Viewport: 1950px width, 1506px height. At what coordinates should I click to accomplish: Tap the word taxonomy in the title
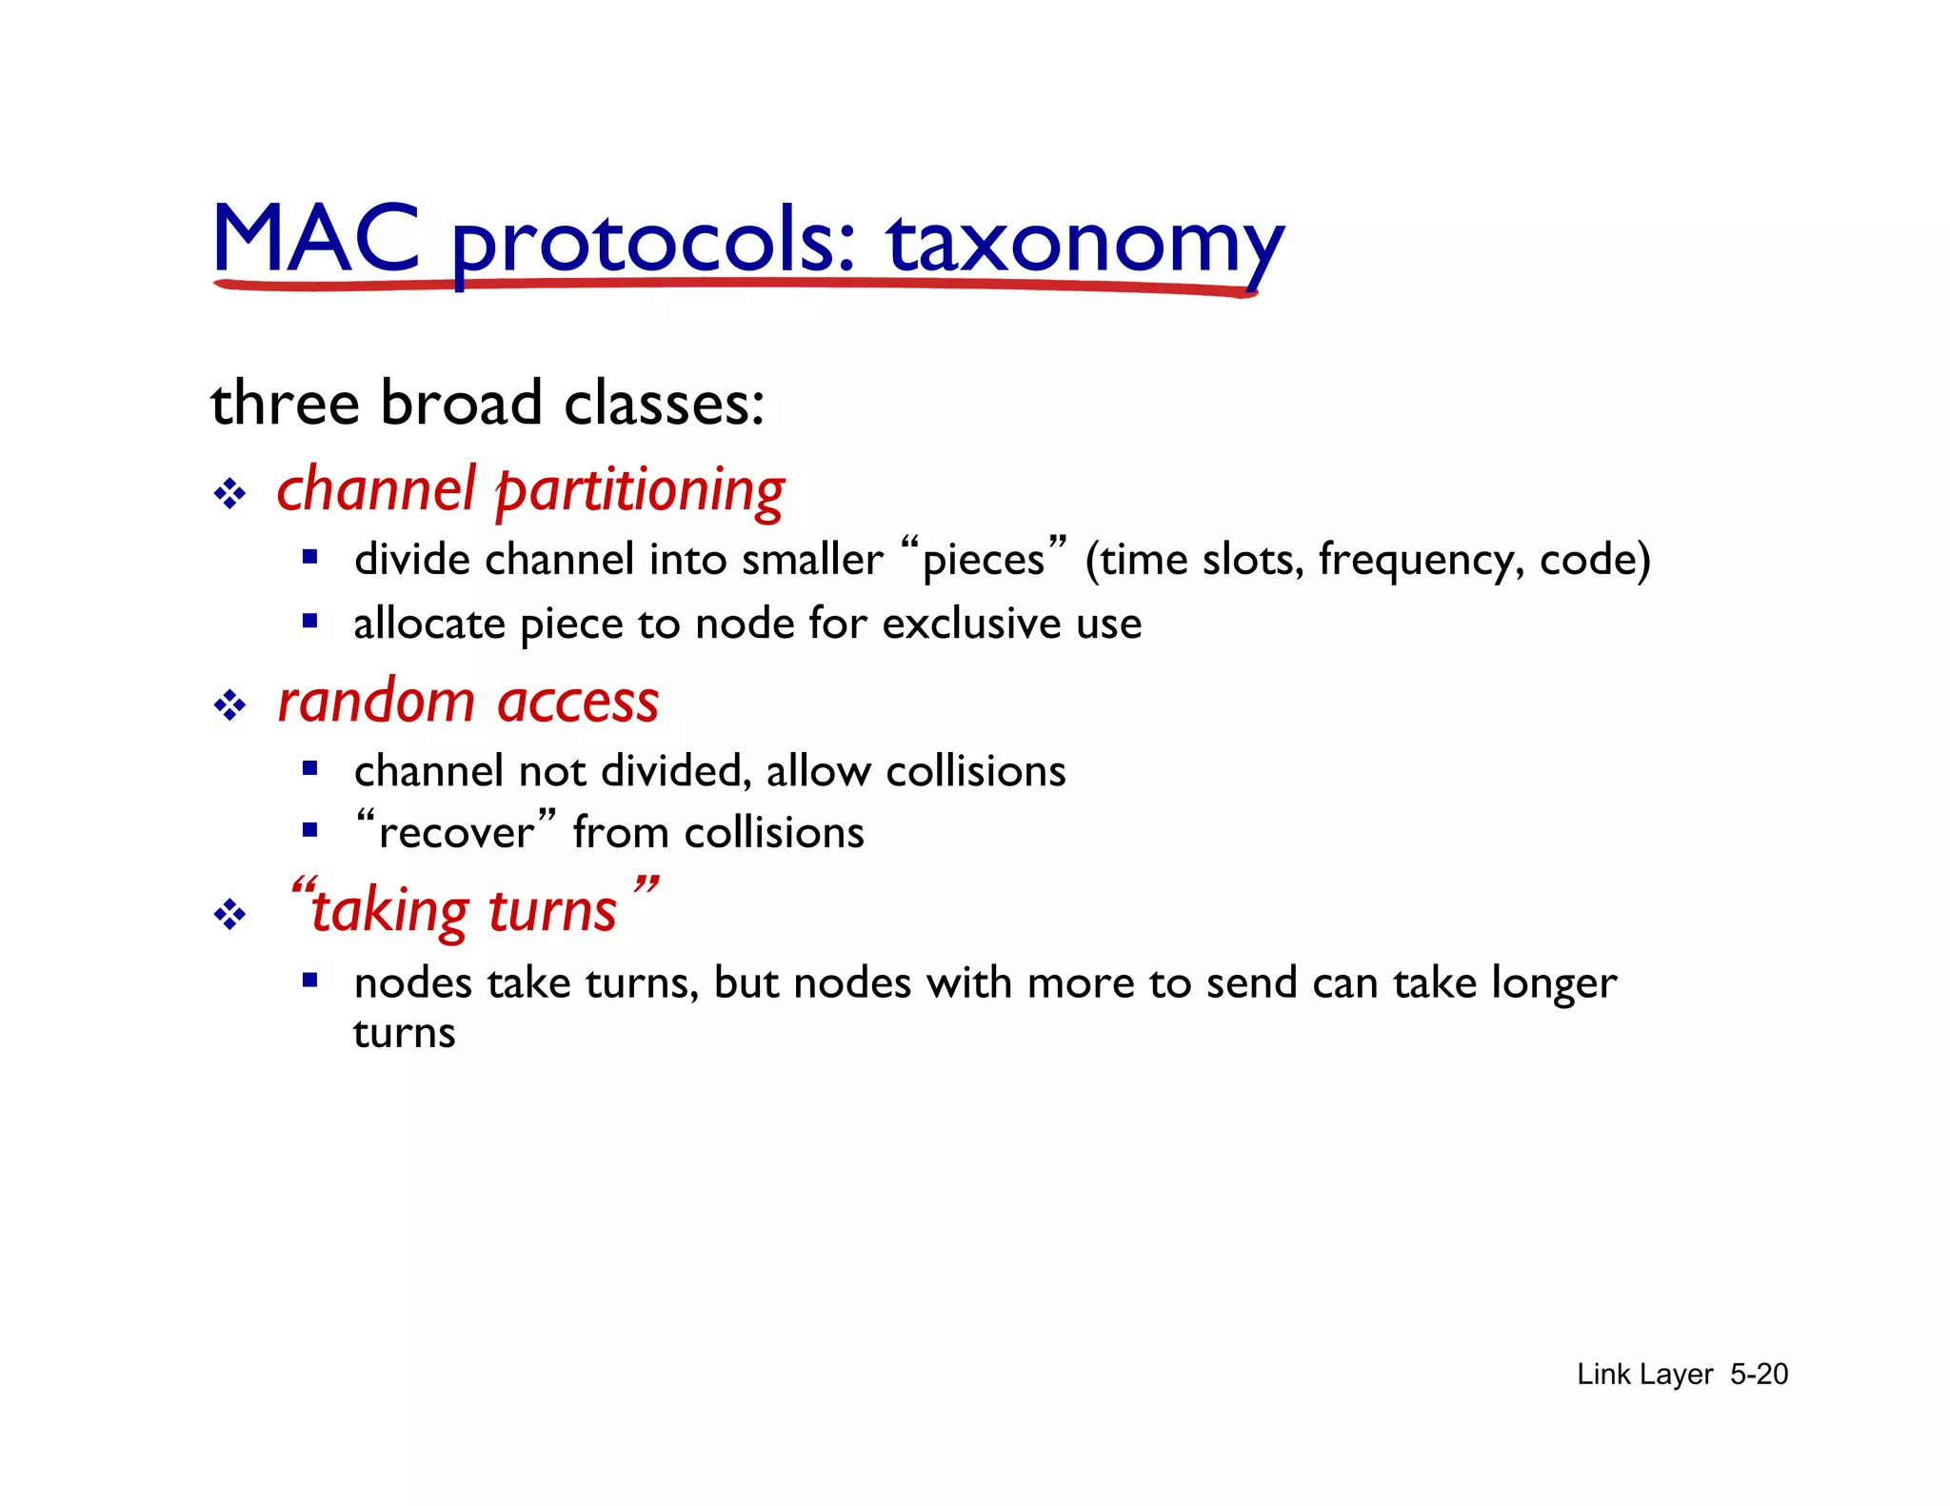(x=1085, y=243)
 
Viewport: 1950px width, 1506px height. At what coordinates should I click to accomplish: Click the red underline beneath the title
(x=733, y=285)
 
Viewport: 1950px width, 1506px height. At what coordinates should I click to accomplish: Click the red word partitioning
(x=640, y=492)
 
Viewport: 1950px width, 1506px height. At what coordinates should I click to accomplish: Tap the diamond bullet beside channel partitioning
(x=229, y=494)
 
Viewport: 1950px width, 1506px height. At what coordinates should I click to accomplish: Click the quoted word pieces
(x=984, y=560)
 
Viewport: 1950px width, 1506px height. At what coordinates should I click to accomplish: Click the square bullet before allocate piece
(x=309, y=622)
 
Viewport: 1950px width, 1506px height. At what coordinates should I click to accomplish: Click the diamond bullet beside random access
(x=229, y=705)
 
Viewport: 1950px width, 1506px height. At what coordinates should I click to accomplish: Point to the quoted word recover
(x=456, y=833)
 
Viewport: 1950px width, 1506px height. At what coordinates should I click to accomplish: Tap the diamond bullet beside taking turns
(x=229, y=915)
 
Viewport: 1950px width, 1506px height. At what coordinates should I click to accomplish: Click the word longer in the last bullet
(x=1554, y=983)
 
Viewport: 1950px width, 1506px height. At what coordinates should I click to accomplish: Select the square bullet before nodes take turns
(x=309, y=980)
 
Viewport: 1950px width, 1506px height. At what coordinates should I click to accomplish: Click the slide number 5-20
(x=1759, y=1374)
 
